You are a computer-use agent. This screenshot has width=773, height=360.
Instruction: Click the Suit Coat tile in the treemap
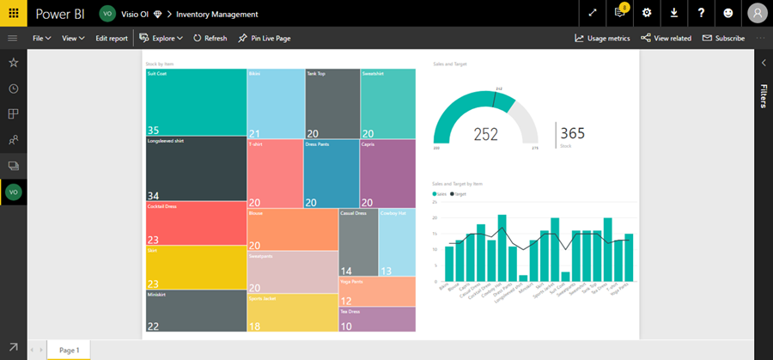(196, 102)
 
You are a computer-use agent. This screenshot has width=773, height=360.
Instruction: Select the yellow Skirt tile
(196, 267)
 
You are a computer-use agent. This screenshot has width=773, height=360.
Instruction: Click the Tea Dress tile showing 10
(377, 319)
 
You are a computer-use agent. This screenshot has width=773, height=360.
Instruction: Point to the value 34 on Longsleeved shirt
(154, 196)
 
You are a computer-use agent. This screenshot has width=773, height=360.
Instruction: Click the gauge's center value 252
(486, 134)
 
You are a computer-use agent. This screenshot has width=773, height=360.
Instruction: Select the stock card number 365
(572, 133)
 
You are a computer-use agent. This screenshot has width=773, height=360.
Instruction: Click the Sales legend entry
(441, 194)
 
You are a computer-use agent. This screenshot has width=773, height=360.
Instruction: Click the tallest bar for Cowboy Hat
(502, 249)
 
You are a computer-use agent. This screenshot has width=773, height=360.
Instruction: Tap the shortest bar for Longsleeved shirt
(523, 279)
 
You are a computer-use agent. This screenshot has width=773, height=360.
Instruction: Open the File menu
(41, 39)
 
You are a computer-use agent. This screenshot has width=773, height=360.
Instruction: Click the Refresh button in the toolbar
(210, 39)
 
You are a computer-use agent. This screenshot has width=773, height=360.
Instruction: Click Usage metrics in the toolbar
(603, 39)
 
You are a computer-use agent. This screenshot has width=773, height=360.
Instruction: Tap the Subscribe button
(724, 39)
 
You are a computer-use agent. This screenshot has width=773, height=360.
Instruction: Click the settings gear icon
(647, 13)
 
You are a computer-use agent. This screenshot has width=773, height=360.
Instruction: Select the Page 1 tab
(69, 351)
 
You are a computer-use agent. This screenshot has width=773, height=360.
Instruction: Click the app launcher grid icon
(13, 13)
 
